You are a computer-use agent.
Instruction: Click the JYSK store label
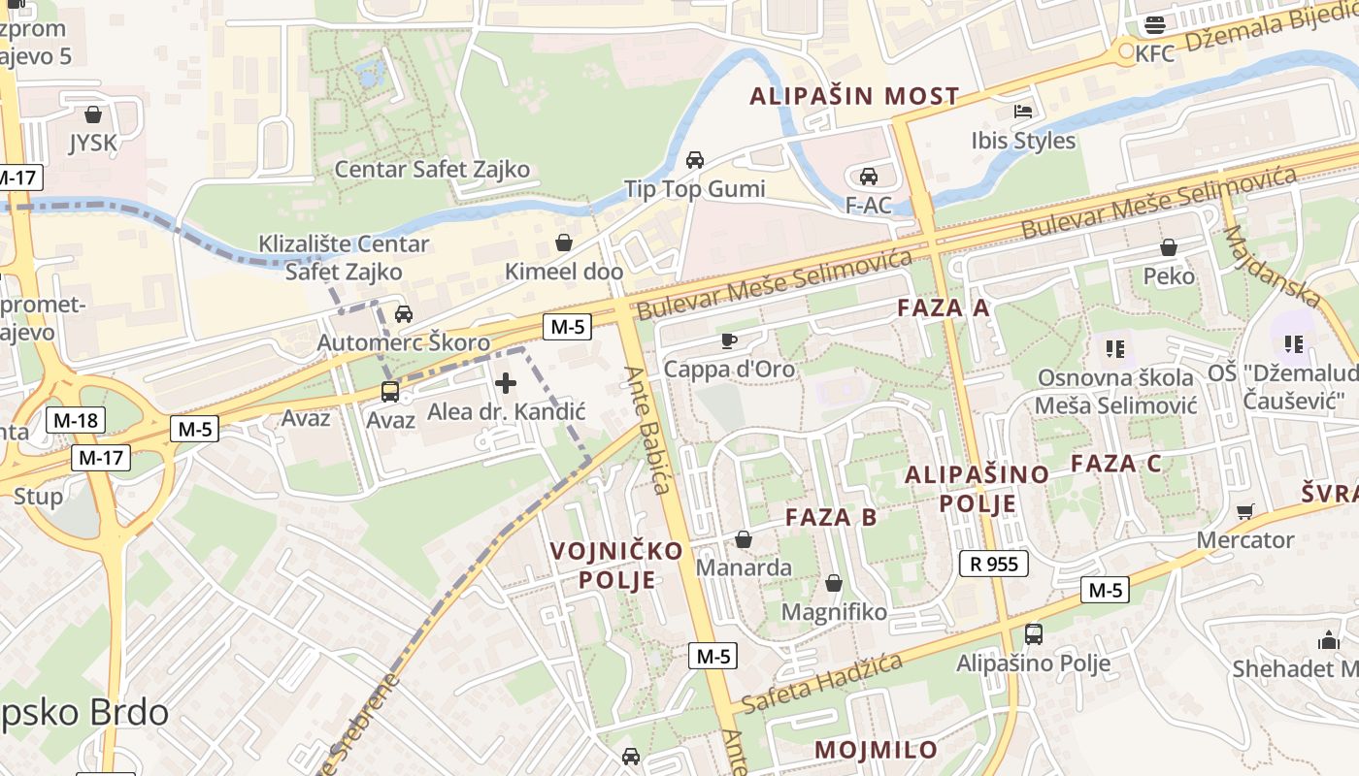tap(92, 144)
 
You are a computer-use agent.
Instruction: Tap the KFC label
tap(1154, 53)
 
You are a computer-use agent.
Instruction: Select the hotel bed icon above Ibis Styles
tap(1023, 112)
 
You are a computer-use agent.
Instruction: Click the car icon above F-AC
tap(868, 177)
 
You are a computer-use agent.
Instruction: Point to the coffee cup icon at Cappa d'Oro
tap(728, 340)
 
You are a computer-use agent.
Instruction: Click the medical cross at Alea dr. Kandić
tap(506, 383)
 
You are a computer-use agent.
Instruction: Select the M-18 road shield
tap(76, 420)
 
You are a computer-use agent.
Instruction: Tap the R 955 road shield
tap(993, 563)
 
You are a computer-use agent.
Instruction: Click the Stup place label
tap(38, 497)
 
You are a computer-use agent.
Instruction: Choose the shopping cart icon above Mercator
tap(1245, 511)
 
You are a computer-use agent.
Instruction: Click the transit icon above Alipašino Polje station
tap(1033, 634)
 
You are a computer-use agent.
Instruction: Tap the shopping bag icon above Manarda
tap(744, 539)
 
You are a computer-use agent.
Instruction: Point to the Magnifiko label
tap(834, 612)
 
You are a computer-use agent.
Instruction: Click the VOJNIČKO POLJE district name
tap(616, 566)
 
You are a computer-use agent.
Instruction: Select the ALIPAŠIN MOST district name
tap(854, 96)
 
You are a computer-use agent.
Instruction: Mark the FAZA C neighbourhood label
tap(1115, 464)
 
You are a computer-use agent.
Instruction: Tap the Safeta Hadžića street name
tap(821, 683)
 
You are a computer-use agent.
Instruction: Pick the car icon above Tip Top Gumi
tap(695, 160)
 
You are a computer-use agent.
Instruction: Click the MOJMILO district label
tap(876, 750)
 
